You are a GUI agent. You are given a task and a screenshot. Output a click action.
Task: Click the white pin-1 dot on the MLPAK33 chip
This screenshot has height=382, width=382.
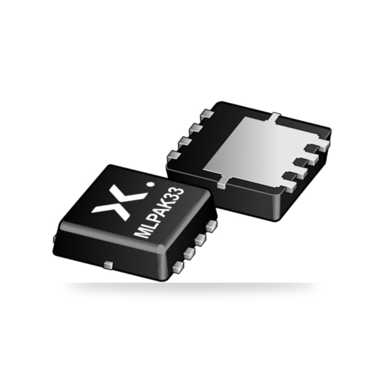[x=151, y=185]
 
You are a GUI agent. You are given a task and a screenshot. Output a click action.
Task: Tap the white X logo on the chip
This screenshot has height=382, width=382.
[x=119, y=202]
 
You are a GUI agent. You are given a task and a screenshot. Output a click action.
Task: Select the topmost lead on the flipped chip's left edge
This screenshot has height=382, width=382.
[x=207, y=115]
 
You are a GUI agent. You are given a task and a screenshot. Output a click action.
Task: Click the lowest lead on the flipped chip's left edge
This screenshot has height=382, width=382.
[x=173, y=156]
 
